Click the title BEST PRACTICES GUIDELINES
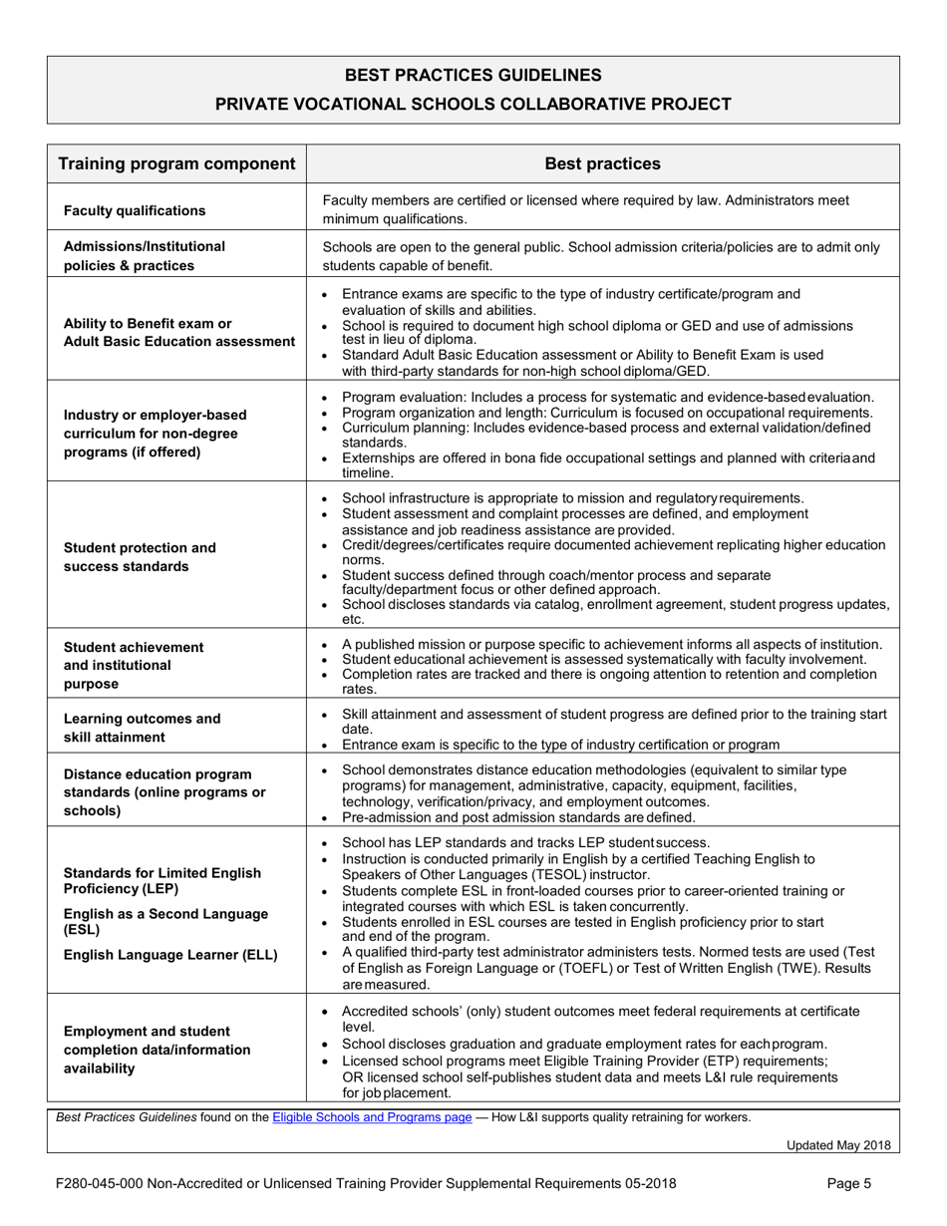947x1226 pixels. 473,75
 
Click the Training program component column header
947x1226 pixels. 176,163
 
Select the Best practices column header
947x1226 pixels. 603,163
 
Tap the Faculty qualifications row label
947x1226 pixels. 135,210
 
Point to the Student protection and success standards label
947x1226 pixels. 140,557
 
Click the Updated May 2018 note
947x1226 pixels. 838,1145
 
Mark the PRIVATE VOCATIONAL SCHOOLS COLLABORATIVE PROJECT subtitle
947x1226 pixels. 473,104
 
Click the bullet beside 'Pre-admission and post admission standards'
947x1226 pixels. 330,818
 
